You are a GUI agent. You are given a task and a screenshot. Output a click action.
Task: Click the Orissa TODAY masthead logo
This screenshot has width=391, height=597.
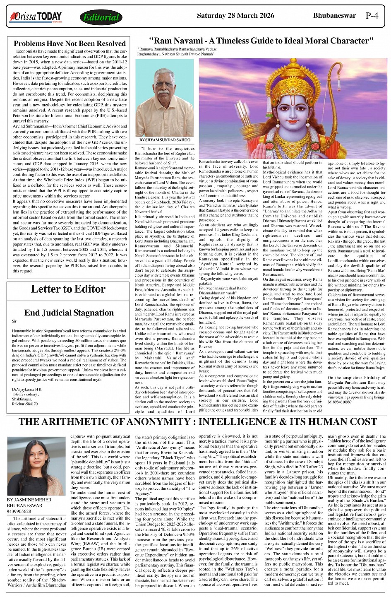(36, 17)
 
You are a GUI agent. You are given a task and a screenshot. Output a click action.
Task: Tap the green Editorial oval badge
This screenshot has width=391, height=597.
(101, 17)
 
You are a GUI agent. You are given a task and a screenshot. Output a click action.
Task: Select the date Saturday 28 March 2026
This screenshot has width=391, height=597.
(235, 16)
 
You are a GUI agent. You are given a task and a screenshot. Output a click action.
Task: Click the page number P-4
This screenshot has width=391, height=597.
(372, 16)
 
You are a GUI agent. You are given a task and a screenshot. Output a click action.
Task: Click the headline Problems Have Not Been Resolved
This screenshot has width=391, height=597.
(70, 43)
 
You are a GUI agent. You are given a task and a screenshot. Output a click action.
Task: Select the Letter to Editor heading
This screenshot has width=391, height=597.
(68, 289)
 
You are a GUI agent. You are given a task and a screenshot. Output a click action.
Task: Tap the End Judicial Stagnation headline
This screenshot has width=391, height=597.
(69, 313)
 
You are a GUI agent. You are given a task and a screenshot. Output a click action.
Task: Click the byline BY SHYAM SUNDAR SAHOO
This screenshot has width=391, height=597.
(165, 140)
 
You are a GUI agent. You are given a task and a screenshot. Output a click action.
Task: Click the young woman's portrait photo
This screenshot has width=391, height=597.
(36, 466)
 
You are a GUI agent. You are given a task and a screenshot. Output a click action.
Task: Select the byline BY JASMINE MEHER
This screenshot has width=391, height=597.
(29, 500)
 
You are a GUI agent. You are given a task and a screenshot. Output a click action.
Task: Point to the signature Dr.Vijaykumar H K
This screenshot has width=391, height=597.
(26, 390)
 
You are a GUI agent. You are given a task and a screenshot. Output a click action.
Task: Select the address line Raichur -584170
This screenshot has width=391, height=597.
(25, 404)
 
